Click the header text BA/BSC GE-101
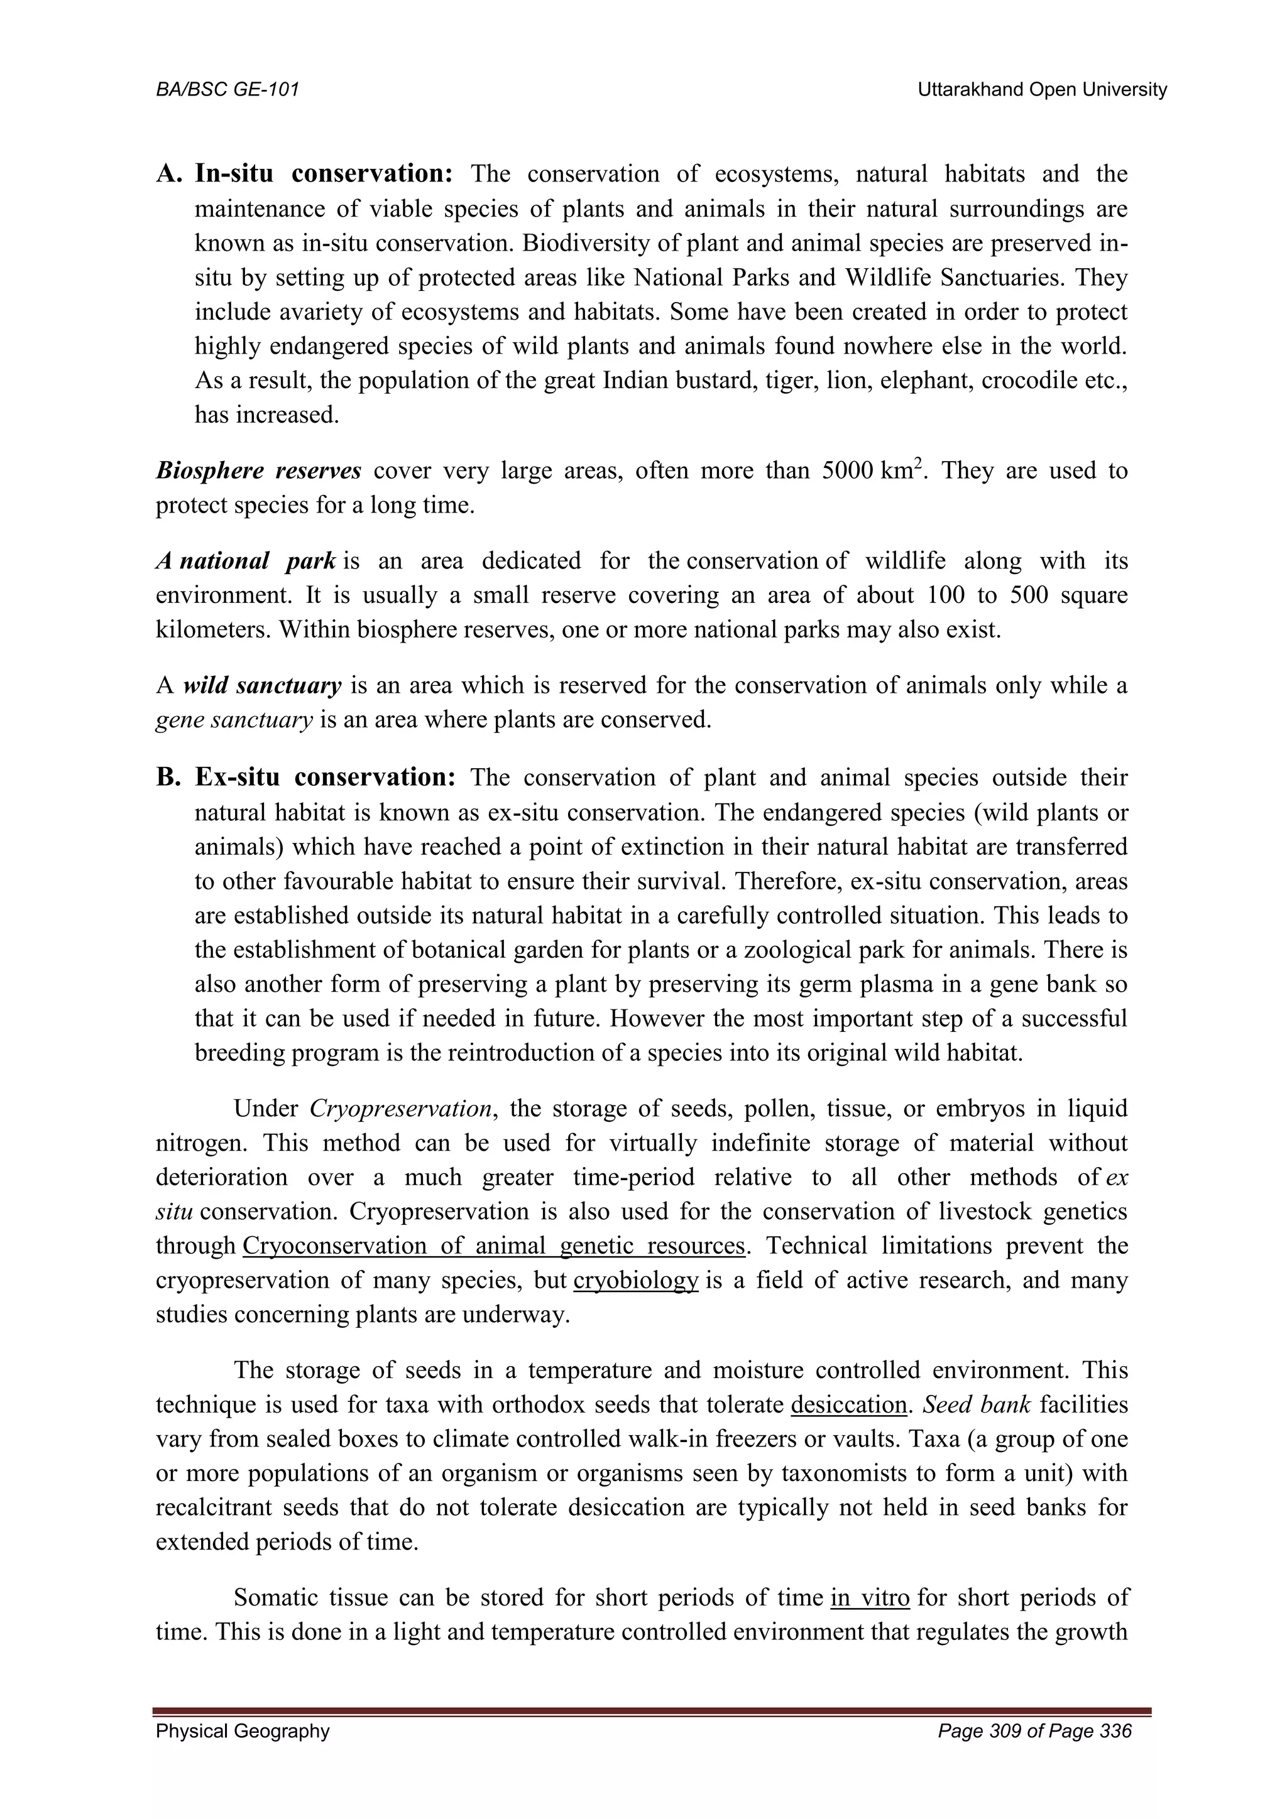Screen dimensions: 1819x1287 [x=227, y=90]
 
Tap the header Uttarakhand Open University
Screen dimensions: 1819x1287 [x=1042, y=90]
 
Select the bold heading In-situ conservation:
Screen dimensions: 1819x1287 [x=324, y=173]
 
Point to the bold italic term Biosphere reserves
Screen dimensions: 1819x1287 [x=258, y=470]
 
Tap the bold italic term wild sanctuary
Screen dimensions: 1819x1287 [x=262, y=685]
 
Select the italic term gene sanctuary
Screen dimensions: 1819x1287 [x=234, y=720]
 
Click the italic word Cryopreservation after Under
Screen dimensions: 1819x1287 [x=402, y=1109]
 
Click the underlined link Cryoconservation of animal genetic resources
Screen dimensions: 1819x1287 [x=493, y=1246]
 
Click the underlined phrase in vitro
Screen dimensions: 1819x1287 [x=869, y=1597]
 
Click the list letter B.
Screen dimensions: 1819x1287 [x=168, y=777]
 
